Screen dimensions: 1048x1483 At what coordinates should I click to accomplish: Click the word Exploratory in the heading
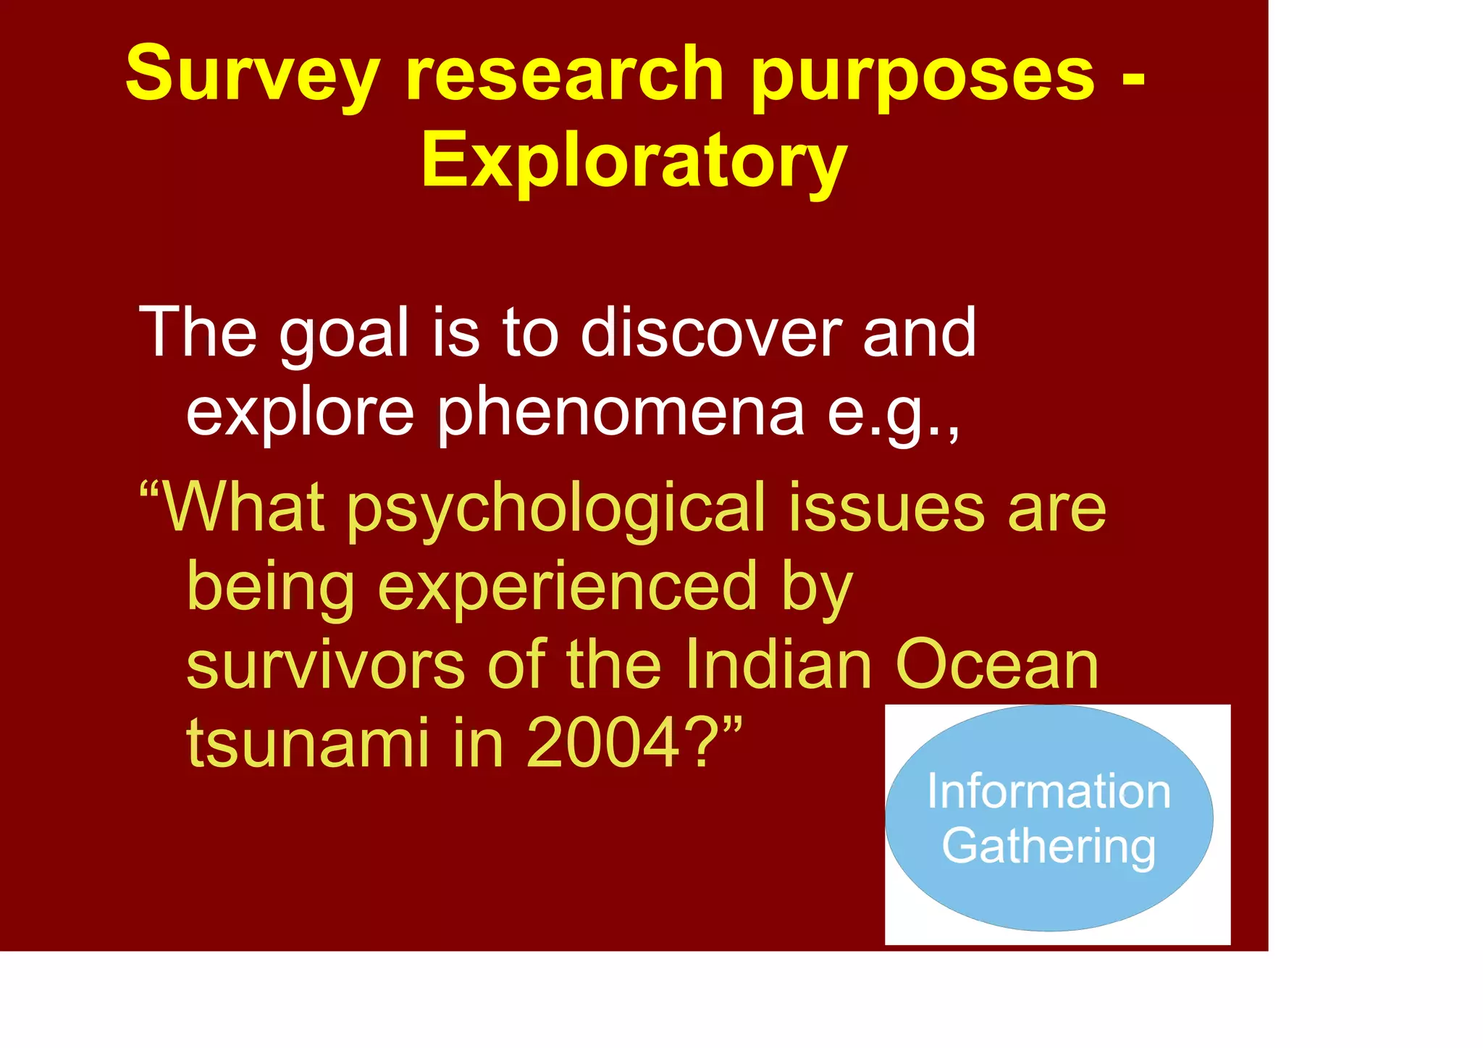click(x=634, y=161)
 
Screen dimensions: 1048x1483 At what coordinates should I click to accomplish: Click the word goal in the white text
click(x=344, y=334)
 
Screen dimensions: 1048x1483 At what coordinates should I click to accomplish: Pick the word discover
click(x=710, y=332)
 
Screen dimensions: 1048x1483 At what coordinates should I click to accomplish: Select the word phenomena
click(x=621, y=413)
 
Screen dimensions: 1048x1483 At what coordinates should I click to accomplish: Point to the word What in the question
click(x=243, y=507)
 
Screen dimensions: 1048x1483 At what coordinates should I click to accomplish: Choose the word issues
click(x=886, y=507)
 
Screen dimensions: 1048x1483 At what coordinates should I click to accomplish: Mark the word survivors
click(x=325, y=665)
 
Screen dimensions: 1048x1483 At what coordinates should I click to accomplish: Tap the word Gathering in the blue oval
click(x=1048, y=847)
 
